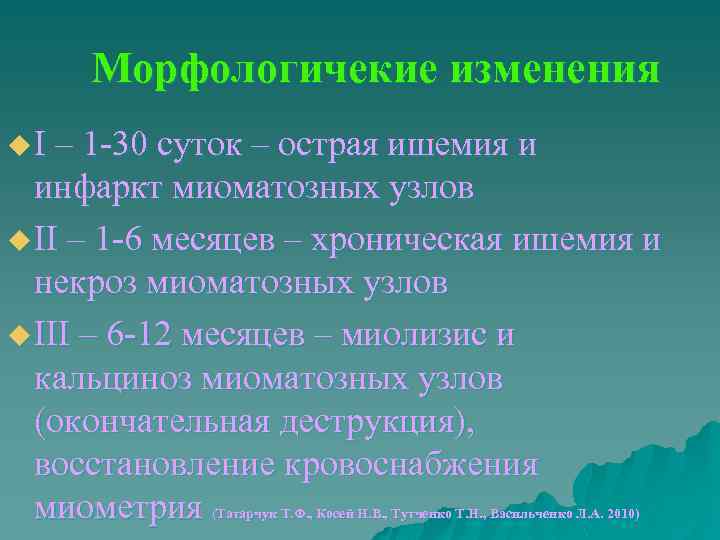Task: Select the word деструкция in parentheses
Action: pos(369,423)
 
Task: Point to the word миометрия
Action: pos(118,509)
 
